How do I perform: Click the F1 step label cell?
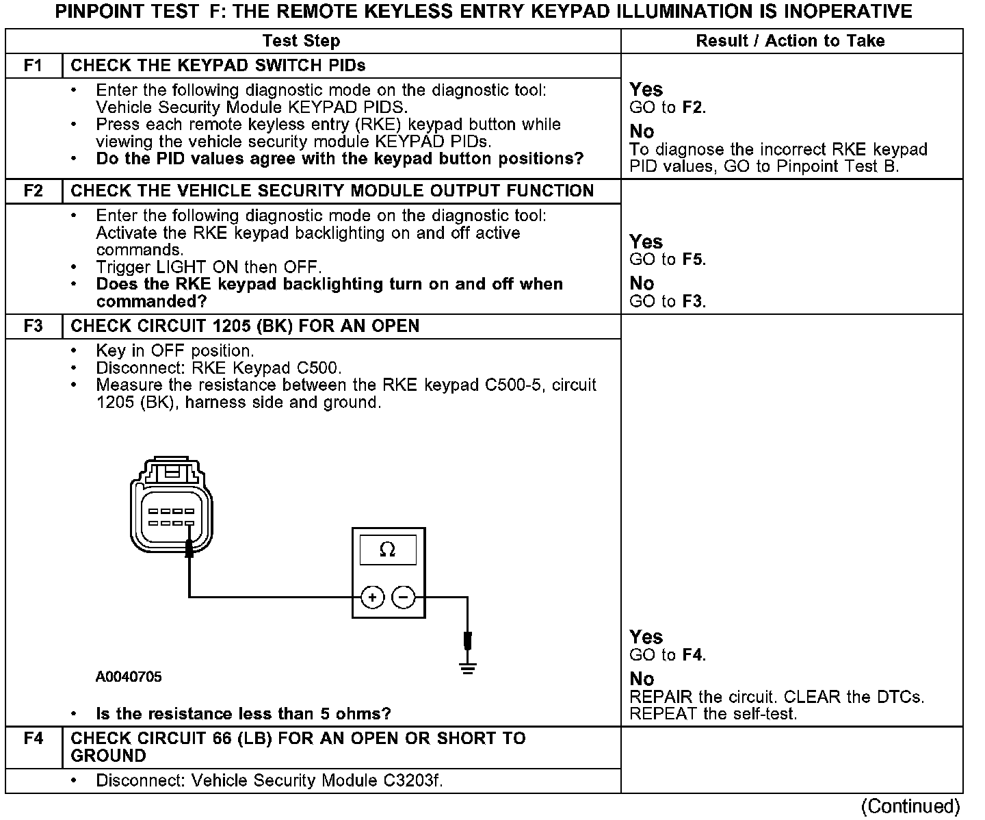[33, 66]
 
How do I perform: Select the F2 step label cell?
[33, 191]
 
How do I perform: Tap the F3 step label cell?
[33, 326]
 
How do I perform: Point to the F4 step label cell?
[33, 739]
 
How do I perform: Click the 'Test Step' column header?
[301, 41]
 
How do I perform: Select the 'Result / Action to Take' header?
[790, 41]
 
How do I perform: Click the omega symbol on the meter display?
[388, 550]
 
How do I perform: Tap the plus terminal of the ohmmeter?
[372, 598]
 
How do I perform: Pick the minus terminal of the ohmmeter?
[404, 598]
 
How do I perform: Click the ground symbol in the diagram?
[468, 668]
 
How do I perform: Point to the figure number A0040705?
[129, 677]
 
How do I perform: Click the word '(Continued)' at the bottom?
[910, 806]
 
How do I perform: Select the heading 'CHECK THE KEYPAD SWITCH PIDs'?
[218, 66]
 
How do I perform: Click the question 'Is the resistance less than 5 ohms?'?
[244, 714]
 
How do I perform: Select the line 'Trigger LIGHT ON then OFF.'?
[209, 267]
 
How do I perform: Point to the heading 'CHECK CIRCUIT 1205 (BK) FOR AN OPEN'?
[245, 326]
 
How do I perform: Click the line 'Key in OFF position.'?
[175, 351]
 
